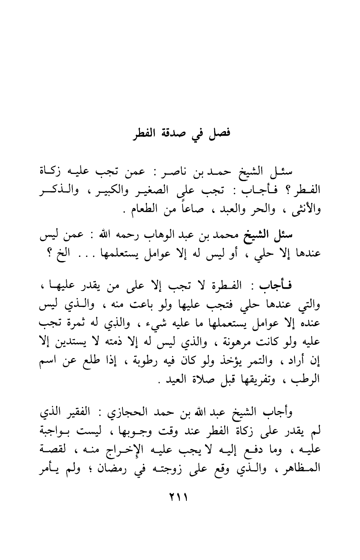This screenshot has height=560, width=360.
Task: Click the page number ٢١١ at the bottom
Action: [180, 496]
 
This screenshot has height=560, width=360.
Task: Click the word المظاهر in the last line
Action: [302, 468]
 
